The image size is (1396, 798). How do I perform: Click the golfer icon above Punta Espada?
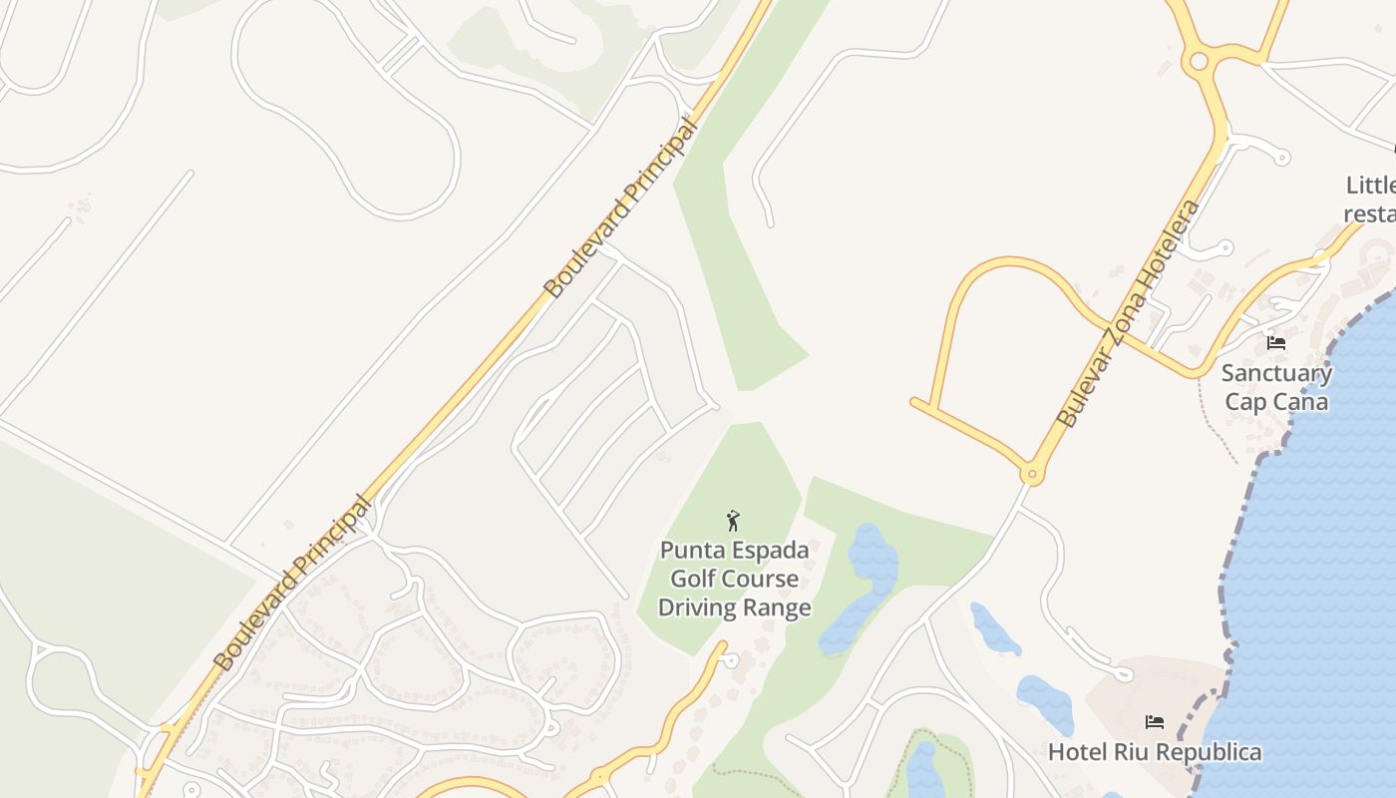[734, 521]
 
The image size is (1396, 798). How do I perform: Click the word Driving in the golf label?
[695, 607]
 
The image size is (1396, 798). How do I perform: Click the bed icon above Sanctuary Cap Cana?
[1275, 343]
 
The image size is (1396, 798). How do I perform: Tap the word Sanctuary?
[1276, 373]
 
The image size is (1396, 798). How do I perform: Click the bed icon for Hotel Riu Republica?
[1155, 721]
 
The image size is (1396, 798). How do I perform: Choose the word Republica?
[1208, 752]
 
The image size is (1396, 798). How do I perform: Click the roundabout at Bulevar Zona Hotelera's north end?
[1199, 62]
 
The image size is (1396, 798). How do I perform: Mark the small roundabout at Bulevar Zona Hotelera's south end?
[1033, 475]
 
